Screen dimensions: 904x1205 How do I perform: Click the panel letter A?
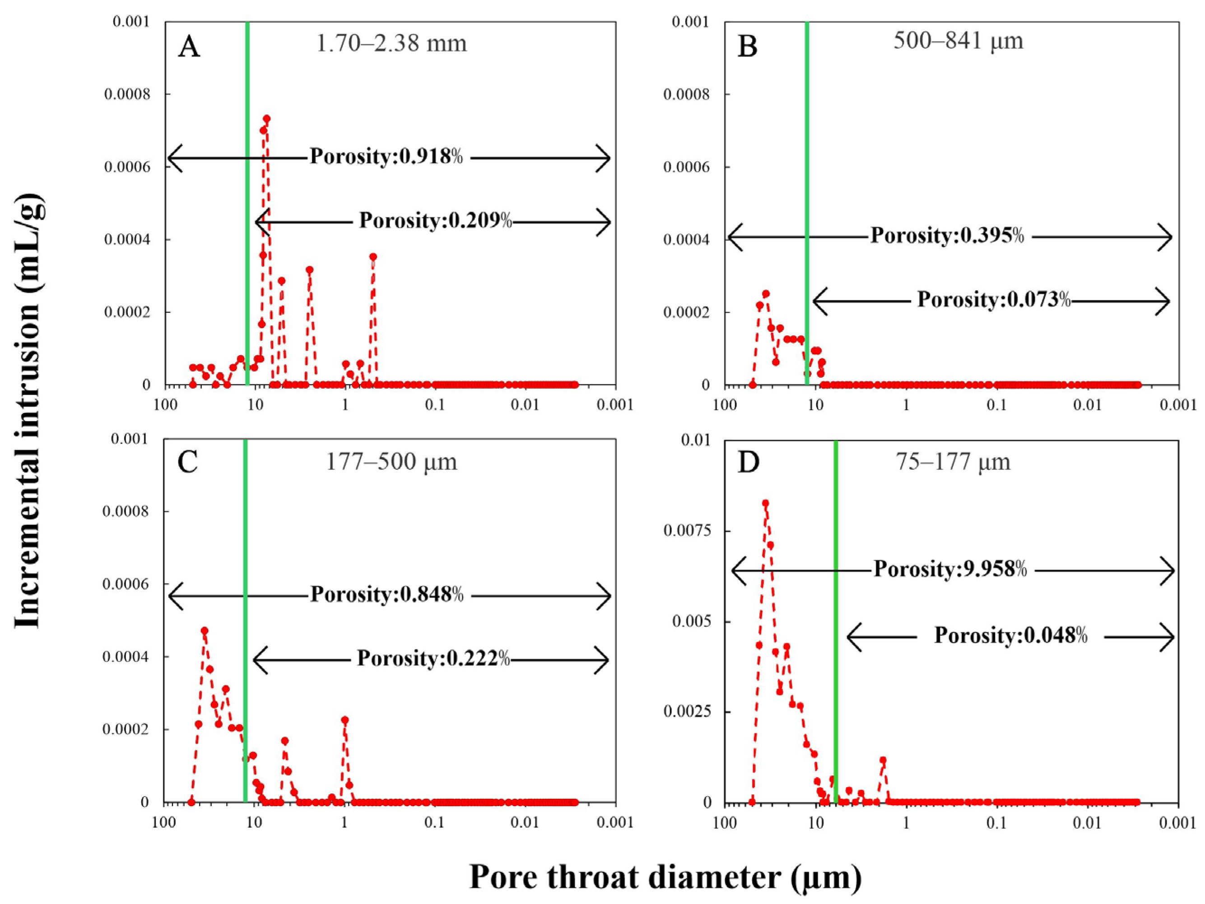[189, 47]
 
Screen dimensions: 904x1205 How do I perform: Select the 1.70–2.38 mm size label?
[392, 42]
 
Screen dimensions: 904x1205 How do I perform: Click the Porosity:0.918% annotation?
[386, 157]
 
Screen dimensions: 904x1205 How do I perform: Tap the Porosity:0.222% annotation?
[433, 658]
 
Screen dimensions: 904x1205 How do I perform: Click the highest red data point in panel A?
[266, 118]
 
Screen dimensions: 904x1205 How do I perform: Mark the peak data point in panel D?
[765, 503]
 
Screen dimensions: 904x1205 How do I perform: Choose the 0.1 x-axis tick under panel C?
[434, 822]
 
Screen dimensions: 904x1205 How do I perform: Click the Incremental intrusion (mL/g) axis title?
[28, 411]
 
